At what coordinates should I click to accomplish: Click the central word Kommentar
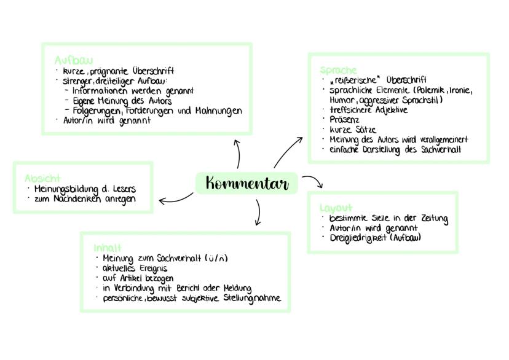[x=247, y=183]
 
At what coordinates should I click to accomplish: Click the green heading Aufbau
[x=73, y=60]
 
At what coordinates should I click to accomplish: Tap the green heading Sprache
[x=338, y=70]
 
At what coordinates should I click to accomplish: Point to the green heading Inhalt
[x=108, y=248]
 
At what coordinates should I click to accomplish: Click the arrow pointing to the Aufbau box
[x=237, y=154]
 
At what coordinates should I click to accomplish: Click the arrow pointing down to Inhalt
[x=258, y=212]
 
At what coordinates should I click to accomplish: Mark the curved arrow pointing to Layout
[x=312, y=181]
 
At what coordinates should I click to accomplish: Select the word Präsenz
[x=345, y=120]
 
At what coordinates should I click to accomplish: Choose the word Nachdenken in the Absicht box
[x=79, y=199]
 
